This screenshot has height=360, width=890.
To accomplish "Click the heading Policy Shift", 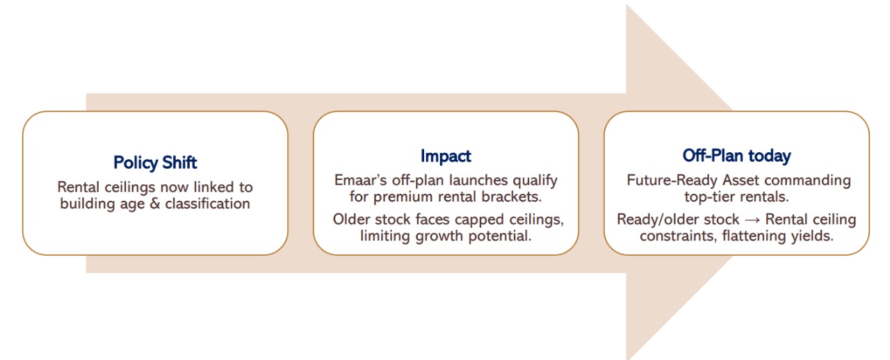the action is [x=155, y=163].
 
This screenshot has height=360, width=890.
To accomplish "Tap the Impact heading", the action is [x=446, y=156].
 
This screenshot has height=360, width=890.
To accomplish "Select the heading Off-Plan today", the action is [x=736, y=156].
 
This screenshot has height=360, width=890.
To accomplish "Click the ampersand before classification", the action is [x=155, y=204].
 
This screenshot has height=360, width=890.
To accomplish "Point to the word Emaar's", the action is [x=361, y=181].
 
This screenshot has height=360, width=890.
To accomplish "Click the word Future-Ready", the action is [x=672, y=181].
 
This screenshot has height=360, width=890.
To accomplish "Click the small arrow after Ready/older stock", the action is [x=752, y=220].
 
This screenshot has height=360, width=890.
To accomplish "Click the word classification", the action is [x=207, y=204].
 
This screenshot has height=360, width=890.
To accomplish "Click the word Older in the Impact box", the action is [x=351, y=220].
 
